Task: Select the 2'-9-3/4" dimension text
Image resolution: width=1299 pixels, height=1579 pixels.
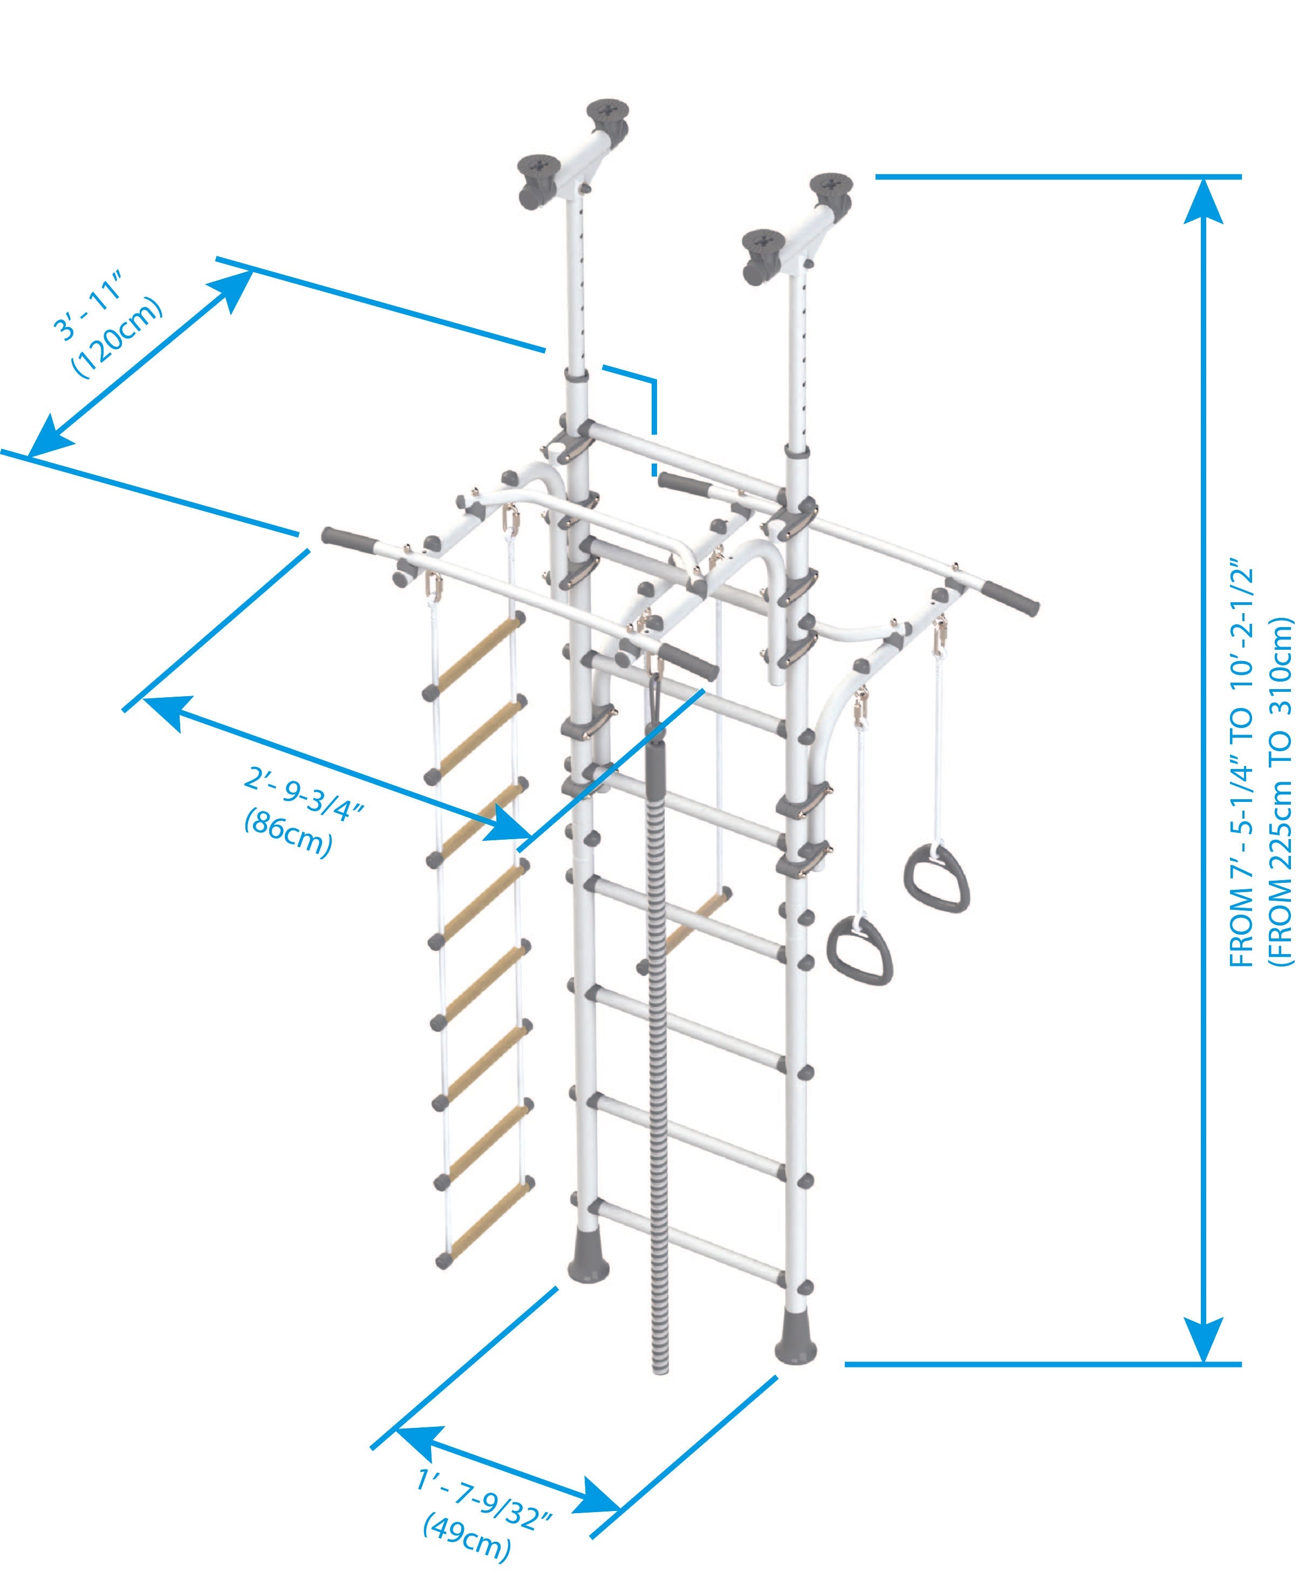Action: tap(303, 795)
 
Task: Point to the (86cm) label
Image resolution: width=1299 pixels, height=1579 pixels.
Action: tap(288, 832)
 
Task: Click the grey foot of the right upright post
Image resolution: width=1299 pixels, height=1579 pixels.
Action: tap(795, 1344)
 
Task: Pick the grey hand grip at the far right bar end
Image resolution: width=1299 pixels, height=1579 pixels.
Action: tap(1011, 596)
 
